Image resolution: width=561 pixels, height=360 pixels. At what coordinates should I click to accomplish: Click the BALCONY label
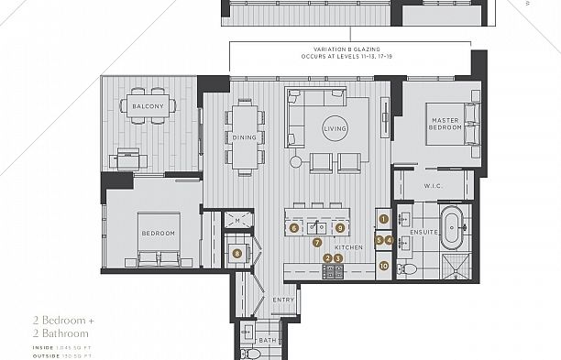(x=148, y=107)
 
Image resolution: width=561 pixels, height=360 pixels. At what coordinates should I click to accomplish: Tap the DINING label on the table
(x=243, y=138)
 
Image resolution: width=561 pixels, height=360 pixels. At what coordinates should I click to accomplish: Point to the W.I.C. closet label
(x=434, y=187)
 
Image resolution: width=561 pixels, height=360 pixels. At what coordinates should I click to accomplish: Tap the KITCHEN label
(x=348, y=248)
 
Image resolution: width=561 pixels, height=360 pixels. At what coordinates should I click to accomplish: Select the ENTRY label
(x=282, y=300)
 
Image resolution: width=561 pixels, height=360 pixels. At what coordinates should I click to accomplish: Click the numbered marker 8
(x=237, y=254)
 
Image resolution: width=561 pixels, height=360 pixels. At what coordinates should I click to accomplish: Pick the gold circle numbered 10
(x=383, y=266)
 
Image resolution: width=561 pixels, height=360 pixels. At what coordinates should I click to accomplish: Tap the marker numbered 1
(x=384, y=219)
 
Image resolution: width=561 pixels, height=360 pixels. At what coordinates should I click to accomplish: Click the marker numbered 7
(x=317, y=243)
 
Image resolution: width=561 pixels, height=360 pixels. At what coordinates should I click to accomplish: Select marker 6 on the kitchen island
(x=294, y=227)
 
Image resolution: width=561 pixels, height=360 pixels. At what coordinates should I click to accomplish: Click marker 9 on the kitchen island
(x=339, y=227)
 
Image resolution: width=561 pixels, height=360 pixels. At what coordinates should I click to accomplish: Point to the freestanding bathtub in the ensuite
(x=452, y=228)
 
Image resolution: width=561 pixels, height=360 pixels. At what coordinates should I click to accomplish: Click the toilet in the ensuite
(x=410, y=267)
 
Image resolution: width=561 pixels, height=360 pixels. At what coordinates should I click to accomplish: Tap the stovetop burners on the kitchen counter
(x=333, y=270)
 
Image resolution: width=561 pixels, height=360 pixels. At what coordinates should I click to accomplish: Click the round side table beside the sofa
(x=296, y=162)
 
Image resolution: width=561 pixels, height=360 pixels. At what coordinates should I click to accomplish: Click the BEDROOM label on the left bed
(x=158, y=234)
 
